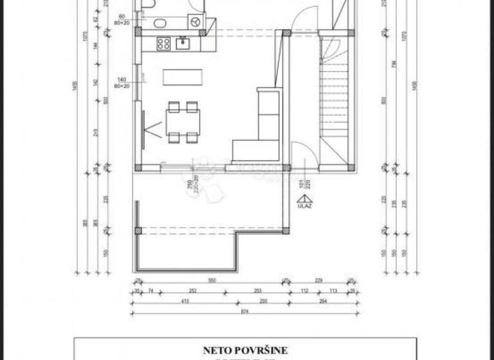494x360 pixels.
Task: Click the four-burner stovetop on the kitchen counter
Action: point(163,44)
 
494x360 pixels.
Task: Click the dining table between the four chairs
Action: point(183,120)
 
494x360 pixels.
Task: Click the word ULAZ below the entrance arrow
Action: point(301,206)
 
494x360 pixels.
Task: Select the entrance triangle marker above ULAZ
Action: point(301,199)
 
